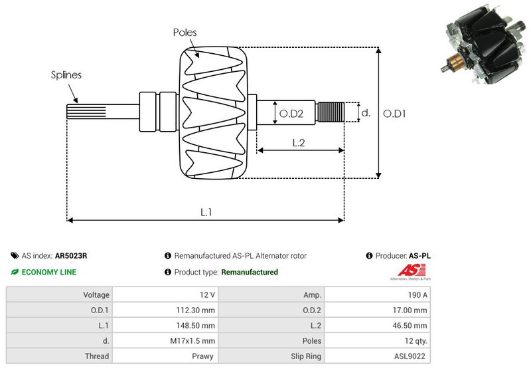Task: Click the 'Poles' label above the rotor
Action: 185,32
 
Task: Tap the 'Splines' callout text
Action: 66,74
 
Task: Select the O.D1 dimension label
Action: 395,114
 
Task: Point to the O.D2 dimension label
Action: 291,114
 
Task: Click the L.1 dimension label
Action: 206,212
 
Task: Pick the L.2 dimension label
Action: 299,142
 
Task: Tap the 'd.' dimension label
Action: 365,113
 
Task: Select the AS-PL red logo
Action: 406,271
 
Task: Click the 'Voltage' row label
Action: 96,295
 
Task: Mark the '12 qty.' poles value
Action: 415,340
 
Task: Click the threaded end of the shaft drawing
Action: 331,112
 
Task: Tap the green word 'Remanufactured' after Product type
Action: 249,272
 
